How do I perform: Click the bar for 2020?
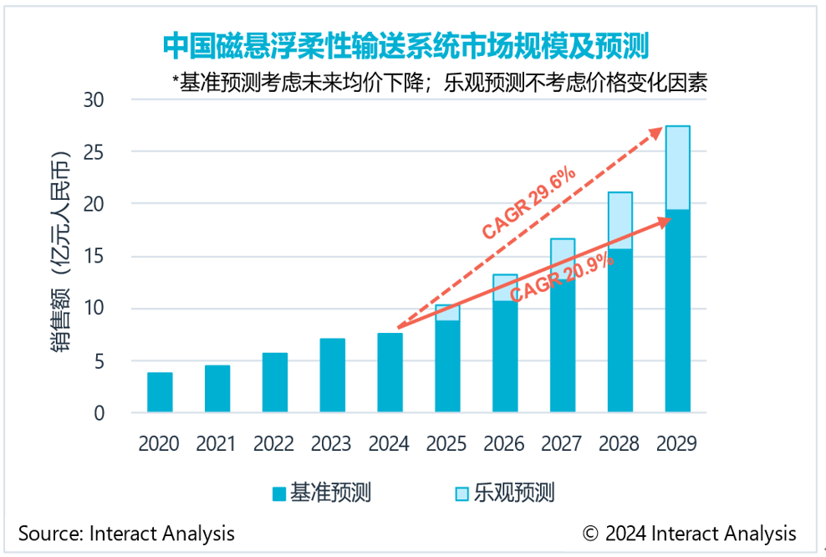(160, 392)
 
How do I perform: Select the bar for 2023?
(332, 376)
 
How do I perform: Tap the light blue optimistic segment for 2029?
(677, 167)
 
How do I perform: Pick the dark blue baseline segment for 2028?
(619, 330)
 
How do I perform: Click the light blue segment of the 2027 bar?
(563, 251)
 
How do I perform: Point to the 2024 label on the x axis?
(390, 443)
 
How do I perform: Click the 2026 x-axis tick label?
(504, 443)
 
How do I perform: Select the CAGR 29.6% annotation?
(528, 203)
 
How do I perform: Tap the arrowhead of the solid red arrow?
(668, 219)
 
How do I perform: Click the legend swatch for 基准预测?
(278, 493)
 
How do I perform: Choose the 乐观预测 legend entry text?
(514, 493)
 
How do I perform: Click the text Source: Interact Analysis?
(126, 534)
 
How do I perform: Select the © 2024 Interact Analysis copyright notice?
(689, 534)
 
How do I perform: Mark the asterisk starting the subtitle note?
(176, 81)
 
